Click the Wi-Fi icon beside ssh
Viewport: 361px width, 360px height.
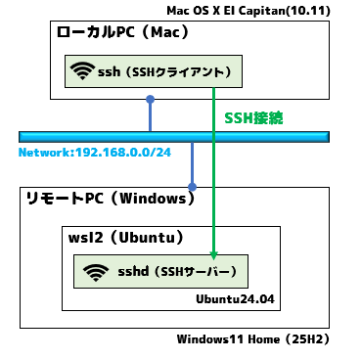[82, 70]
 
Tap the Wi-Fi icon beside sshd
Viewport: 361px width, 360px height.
[95, 270]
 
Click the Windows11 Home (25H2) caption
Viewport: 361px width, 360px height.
[252, 339]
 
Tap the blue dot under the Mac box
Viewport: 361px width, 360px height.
[151, 99]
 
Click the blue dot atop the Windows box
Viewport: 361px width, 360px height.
[193, 186]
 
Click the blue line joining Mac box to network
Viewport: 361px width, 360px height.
[151, 115]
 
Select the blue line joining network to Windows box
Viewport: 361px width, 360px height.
[193, 162]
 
